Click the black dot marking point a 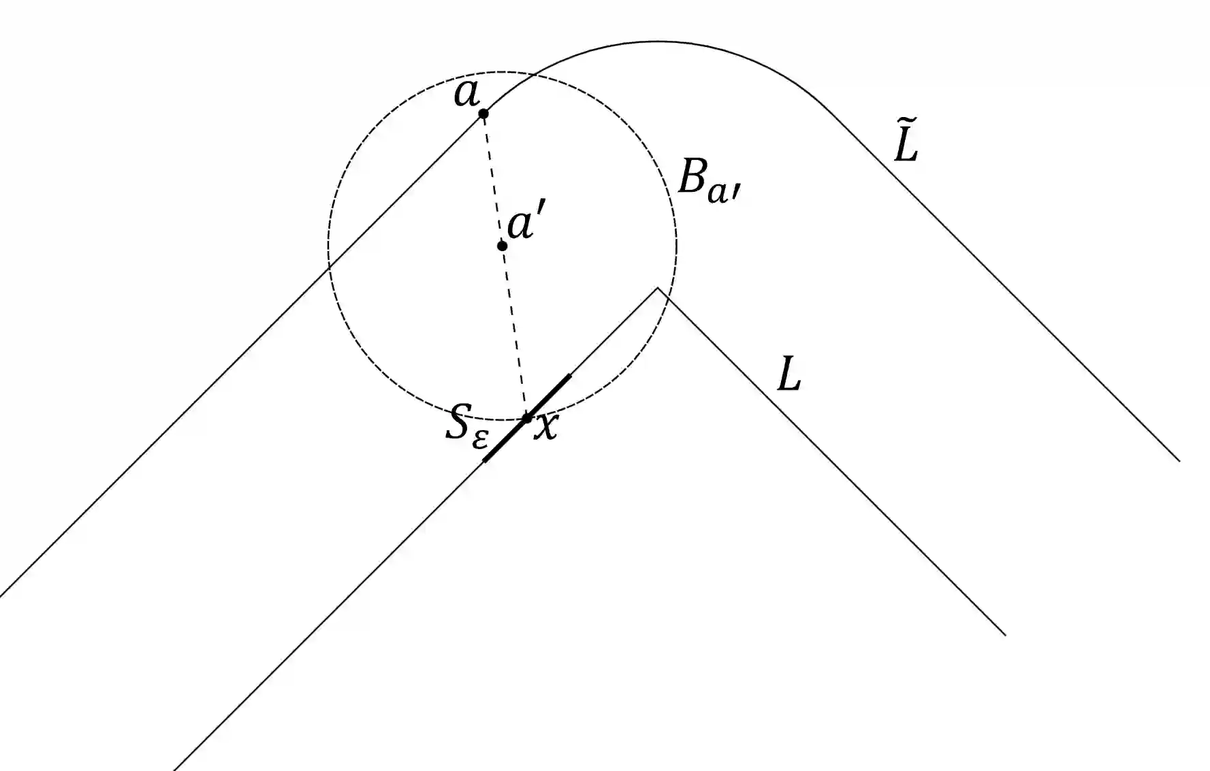[483, 114]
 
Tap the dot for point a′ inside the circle [502, 246]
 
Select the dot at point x [526, 418]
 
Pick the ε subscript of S [480, 439]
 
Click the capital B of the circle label [692, 180]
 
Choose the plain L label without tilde [789, 375]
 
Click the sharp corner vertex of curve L [658, 289]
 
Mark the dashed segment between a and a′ [492, 179]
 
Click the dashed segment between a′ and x [514, 332]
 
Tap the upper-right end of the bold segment [569, 375]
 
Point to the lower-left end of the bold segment [484, 461]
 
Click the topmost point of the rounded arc [655, 42]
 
